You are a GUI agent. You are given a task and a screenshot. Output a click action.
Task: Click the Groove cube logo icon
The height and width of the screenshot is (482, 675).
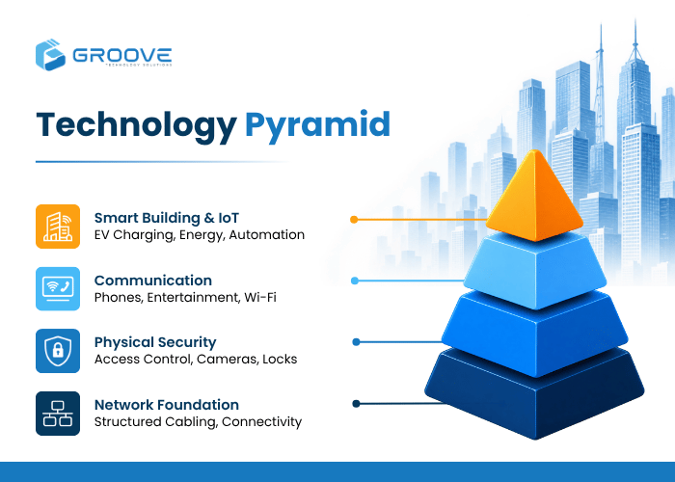tap(50, 55)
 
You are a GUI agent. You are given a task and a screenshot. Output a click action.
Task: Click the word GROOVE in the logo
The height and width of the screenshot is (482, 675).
tap(122, 56)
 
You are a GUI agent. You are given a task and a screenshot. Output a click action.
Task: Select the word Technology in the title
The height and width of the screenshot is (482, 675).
tap(137, 125)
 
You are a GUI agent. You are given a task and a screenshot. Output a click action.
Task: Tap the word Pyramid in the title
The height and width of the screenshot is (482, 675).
tap(317, 125)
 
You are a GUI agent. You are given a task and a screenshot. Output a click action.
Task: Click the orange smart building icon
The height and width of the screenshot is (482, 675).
tap(58, 227)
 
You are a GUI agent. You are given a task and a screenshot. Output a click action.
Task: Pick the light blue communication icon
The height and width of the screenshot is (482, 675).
tap(58, 289)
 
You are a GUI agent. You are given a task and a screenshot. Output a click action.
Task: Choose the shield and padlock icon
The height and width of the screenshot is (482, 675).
tap(58, 351)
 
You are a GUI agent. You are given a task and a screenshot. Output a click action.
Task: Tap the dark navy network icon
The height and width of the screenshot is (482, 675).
tap(58, 414)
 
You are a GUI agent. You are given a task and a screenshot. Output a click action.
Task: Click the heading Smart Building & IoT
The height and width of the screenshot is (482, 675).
tap(167, 218)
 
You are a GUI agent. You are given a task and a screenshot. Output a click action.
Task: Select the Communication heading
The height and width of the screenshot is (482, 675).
tap(153, 281)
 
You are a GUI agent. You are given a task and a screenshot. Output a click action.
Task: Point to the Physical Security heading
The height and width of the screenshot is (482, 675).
tap(155, 342)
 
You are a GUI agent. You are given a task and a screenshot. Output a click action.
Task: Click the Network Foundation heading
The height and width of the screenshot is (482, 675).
tap(167, 405)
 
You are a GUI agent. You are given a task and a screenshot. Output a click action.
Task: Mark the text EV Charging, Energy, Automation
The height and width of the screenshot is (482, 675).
tap(200, 235)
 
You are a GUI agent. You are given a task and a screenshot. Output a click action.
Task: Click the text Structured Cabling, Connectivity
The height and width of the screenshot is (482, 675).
tap(198, 422)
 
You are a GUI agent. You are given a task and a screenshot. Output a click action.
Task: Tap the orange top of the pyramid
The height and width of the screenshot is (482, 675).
tap(534, 198)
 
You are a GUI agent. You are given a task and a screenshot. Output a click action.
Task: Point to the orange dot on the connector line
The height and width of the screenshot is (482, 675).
tap(354, 220)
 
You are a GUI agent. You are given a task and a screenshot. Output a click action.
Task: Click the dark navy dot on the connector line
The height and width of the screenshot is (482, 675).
tap(356, 404)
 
